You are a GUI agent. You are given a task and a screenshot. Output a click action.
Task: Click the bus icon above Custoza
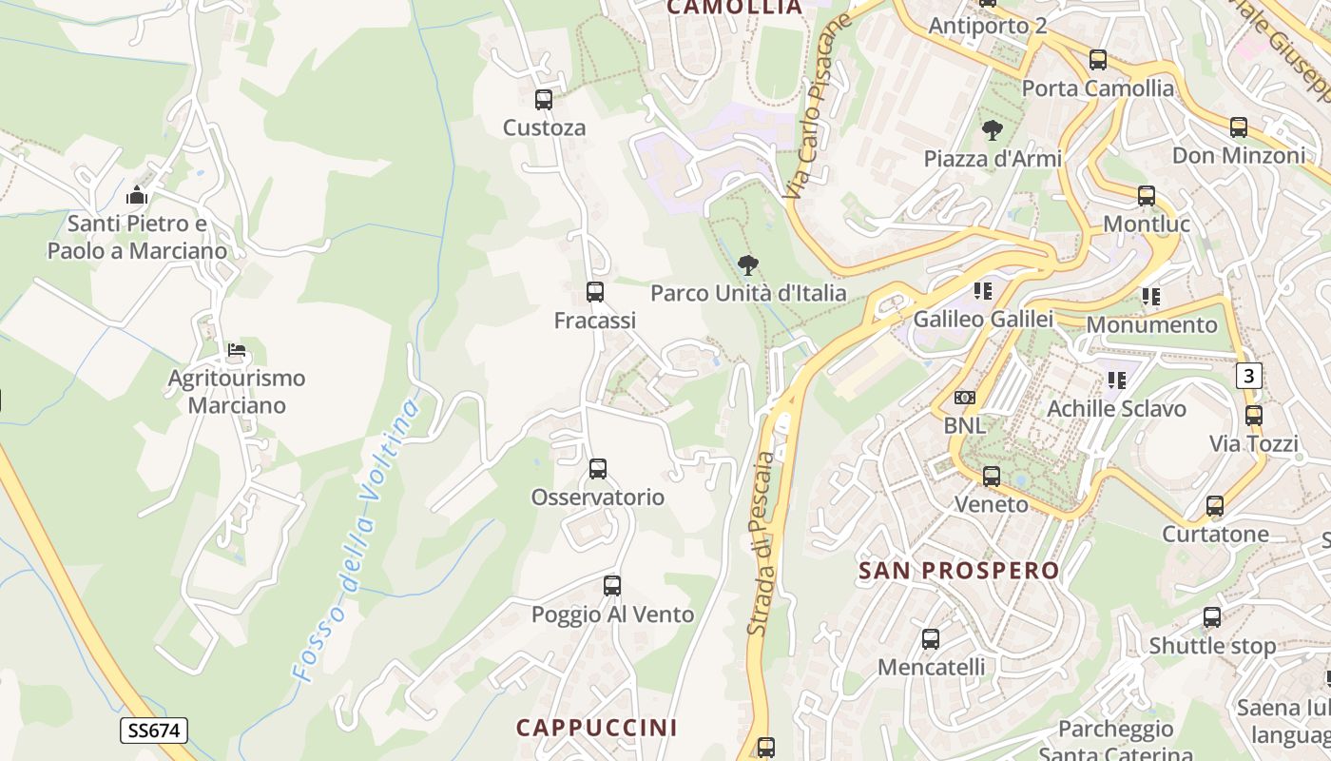[x=544, y=100]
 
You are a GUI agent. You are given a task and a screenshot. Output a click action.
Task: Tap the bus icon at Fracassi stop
[x=595, y=292]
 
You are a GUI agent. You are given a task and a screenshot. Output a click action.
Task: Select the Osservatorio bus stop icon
[x=597, y=468]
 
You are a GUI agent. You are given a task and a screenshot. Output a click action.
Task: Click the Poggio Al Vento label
[x=612, y=615]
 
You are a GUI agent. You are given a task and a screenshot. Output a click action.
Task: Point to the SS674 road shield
[x=154, y=731]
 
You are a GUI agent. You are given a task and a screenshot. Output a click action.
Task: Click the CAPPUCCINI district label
[x=597, y=728]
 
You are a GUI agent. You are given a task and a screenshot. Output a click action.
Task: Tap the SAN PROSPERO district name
[x=958, y=571]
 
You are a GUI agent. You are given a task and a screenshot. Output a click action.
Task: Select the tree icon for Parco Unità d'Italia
[x=748, y=265]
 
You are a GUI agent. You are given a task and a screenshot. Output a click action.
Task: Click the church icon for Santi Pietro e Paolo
[x=137, y=196]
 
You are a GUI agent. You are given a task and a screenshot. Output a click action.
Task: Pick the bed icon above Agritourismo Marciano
[x=237, y=350]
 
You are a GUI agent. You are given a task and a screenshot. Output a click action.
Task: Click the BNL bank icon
[x=965, y=398]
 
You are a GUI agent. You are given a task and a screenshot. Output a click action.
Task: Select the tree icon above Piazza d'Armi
[x=992, y=130]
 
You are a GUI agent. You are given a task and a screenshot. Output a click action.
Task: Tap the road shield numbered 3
[x=1248, y=376]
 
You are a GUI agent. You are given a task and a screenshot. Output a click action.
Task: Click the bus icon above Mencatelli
[x=931, y=639]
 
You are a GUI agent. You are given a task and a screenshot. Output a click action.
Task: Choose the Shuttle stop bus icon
[x=1212, y=617]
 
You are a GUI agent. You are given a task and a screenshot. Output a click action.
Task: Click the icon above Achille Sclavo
[x=1117, y=380]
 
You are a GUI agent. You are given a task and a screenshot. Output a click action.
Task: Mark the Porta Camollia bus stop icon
[x=1098, y=60]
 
